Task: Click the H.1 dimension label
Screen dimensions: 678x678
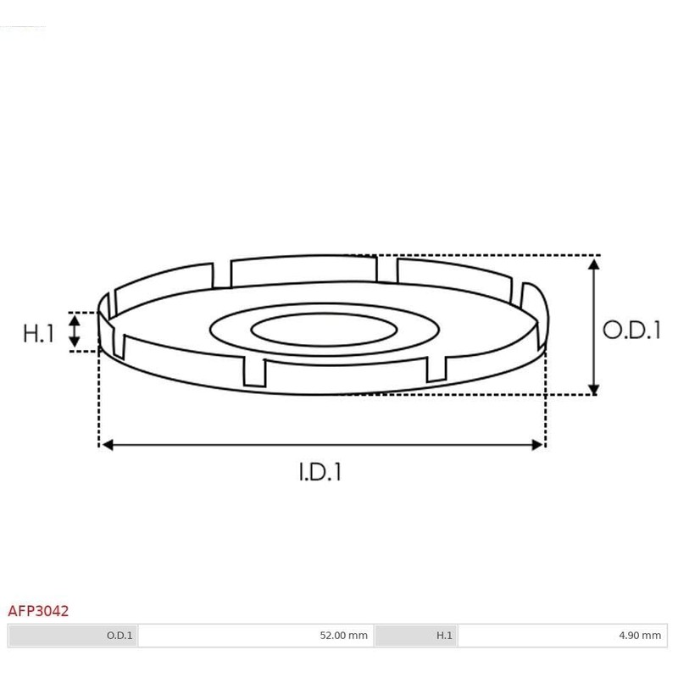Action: pos(38,333)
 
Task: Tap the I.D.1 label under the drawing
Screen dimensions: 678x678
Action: pos(320,472)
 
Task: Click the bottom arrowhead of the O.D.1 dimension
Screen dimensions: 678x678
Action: pos(595,386)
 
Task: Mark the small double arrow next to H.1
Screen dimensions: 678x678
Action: pos(75,331)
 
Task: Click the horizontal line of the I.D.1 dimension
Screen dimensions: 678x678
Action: pos(321,444)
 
